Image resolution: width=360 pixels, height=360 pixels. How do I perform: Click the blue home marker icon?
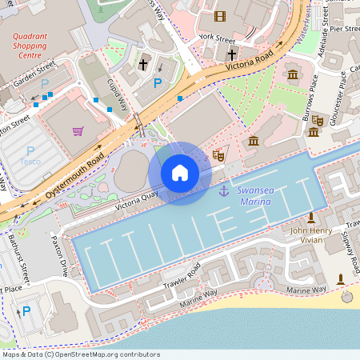[180, 173]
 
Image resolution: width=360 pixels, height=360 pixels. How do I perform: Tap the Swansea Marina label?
[254, 195]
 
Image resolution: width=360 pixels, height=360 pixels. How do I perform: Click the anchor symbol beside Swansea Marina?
[224, 190]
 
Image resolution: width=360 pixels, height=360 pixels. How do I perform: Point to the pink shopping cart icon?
[78, 131]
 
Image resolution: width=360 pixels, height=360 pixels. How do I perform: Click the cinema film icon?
[220, 15]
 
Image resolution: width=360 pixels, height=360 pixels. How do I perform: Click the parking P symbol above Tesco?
[30, 150]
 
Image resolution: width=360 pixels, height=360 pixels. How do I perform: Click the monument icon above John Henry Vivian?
[311, 218]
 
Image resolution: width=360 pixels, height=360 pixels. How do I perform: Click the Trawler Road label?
[182, 277]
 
